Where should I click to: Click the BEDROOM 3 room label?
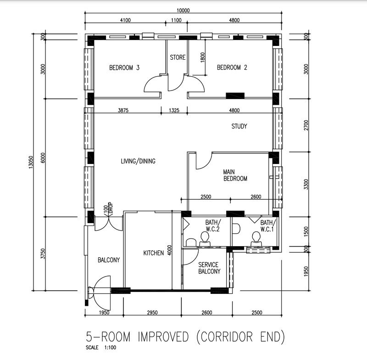(124, 68)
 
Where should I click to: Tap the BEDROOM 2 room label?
(232, 68)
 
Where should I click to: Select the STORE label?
(178, 58)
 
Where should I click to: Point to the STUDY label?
(239, 126)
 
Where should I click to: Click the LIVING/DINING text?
(138, 161)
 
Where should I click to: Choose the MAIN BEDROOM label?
(235, 175)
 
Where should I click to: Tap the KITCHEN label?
(153, 253)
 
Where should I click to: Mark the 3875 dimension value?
(124, 110)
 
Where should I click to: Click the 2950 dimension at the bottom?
(152, 313)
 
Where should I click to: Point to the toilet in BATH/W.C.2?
(205, 238)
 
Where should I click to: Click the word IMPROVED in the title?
(157, 337)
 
